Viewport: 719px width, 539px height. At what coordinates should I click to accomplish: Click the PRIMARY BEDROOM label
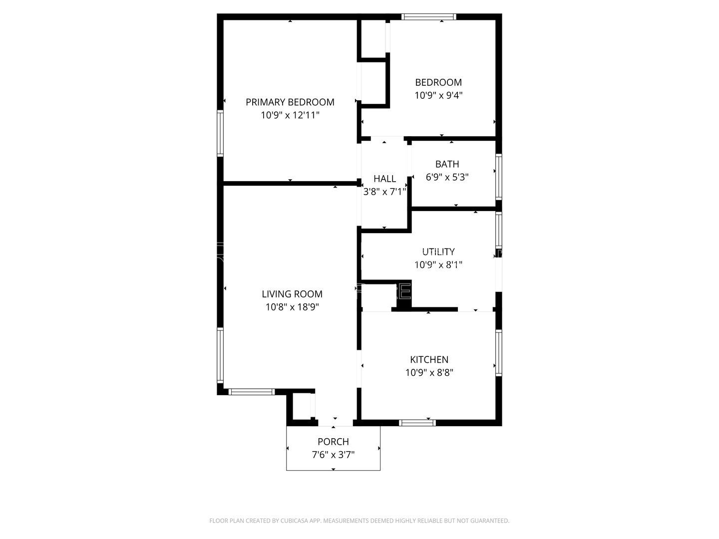tap(290, 102)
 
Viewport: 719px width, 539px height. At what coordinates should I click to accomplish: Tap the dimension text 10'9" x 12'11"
tap(290, 115)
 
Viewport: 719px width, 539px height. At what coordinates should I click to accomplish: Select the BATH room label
tap(447, 164)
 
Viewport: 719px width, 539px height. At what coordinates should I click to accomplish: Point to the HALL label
tap(384, 179)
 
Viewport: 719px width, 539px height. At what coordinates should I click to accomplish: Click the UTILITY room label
tap(438, 252)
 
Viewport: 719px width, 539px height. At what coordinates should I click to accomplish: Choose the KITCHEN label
tap(429, 359)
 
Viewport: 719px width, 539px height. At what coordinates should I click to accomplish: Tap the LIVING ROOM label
tap(292, 294)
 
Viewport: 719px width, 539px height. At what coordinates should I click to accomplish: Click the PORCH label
tap(333, 442)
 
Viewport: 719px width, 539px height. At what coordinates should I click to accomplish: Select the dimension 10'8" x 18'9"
tap(292, 307)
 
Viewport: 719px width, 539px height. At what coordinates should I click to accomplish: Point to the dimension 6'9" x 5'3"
tap(447, 177)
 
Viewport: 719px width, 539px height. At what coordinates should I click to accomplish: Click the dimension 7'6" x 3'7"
tap(333, 455)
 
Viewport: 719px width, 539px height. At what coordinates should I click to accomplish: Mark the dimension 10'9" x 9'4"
tap(438, 95)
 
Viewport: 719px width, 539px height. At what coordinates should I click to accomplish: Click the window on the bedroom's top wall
tap(429, 17)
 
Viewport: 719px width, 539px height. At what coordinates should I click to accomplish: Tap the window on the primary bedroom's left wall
tap(220, 134)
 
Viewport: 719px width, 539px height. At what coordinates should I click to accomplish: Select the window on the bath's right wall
tap(498, 177)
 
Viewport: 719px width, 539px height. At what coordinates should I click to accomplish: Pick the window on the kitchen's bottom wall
tap(417, 423)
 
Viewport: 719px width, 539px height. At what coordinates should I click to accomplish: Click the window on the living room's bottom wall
tap(252, 392)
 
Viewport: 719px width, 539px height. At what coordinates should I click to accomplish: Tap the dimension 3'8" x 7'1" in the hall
tap(384, 191)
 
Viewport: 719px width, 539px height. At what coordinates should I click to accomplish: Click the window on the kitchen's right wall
tap(498, 352)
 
